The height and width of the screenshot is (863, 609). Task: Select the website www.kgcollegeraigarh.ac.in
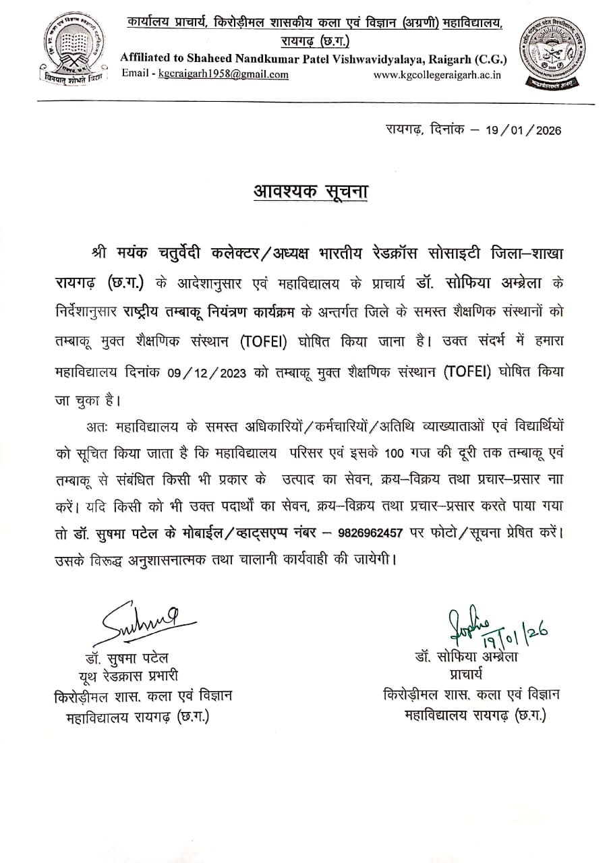pos(438,74)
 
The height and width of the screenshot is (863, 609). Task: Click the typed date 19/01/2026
pos(523,131)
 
